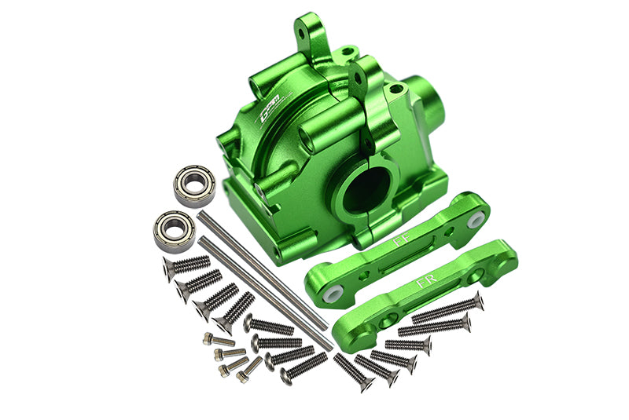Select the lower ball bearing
coord(174,231)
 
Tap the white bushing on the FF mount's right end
coord(475,221)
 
